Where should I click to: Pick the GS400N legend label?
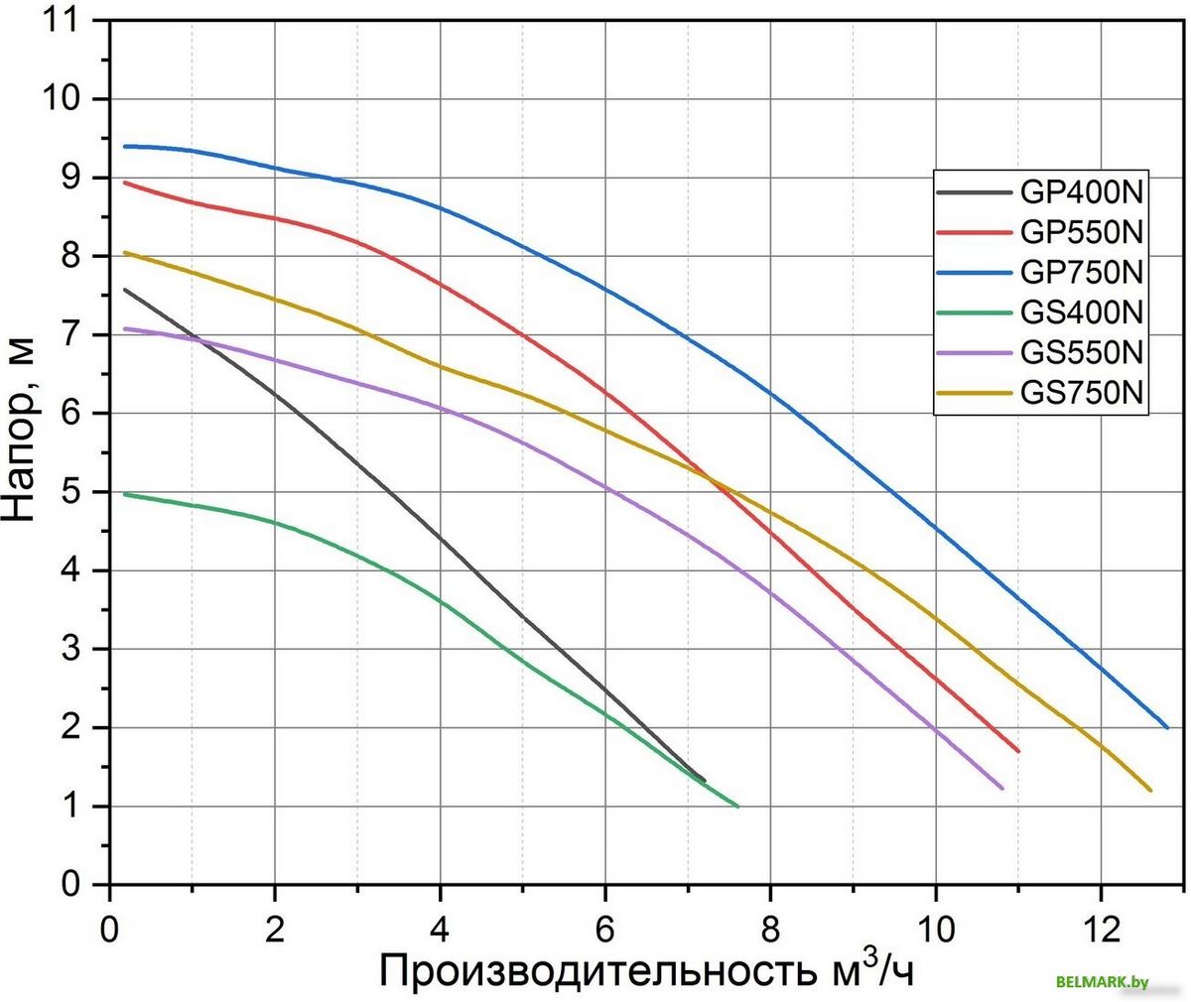pos(1082,313)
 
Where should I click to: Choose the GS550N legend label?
pos(1082,353)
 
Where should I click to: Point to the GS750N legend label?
pos(1082,394)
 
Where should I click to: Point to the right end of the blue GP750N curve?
pos(1166,727)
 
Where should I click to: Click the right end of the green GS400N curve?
pos(737,806)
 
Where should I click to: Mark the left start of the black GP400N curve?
pos(125,290)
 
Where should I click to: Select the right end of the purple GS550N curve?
pos(1001,788)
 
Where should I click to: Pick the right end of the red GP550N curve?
pos(1017,751)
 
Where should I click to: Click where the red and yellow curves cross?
pos(712,478)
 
